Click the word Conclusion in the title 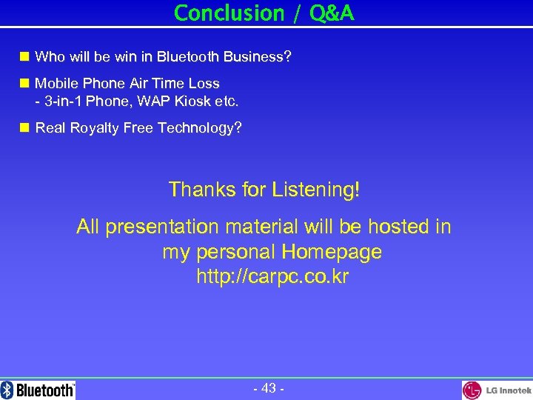[218, 13]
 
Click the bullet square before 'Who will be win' [24, 56]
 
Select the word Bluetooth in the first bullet [187, 57]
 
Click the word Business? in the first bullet [255, 57]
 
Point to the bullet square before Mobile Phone [24, 83]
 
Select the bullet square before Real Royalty [24, 127]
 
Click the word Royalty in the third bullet [93, 128]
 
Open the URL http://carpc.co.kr [272, 277]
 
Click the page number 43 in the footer [268, 388]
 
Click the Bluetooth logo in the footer [38, 390]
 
